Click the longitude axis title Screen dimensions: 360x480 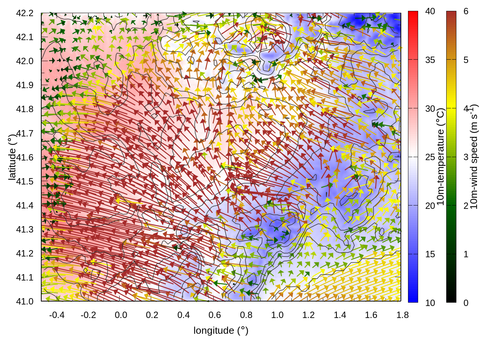(x=221, y=330)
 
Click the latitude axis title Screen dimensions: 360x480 (x=12, y=157)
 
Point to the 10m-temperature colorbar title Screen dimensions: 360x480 (x=441, y=157)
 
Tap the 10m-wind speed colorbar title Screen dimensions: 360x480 (x=474, y=157)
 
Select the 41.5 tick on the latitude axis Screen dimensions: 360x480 (x=25, y=181)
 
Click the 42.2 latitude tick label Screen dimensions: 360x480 (x=25, y=13)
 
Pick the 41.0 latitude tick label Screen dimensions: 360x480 (x=25, y=301)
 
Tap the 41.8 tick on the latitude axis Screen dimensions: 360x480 (x=25, y=109)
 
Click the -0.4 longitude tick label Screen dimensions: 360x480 (x=57, y=315)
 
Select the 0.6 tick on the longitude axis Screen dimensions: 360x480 (x=215, y=315)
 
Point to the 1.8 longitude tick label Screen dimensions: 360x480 (x=403, y=315)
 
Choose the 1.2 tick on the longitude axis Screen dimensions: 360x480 (x=309, y=315)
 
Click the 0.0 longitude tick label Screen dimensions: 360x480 (x=121, y=315)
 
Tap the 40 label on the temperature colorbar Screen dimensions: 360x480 (x=430, y=11)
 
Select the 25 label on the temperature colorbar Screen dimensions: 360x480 (x=430, y=157)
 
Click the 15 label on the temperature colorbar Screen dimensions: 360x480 (x=430, y=254)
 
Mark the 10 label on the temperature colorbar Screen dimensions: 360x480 (x=430, y=303)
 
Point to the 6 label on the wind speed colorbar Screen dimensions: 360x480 (x=466, y=11)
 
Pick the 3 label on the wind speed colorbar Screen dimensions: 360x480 (x=466, y=157)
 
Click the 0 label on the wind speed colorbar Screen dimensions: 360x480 (x=466, y=303)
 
